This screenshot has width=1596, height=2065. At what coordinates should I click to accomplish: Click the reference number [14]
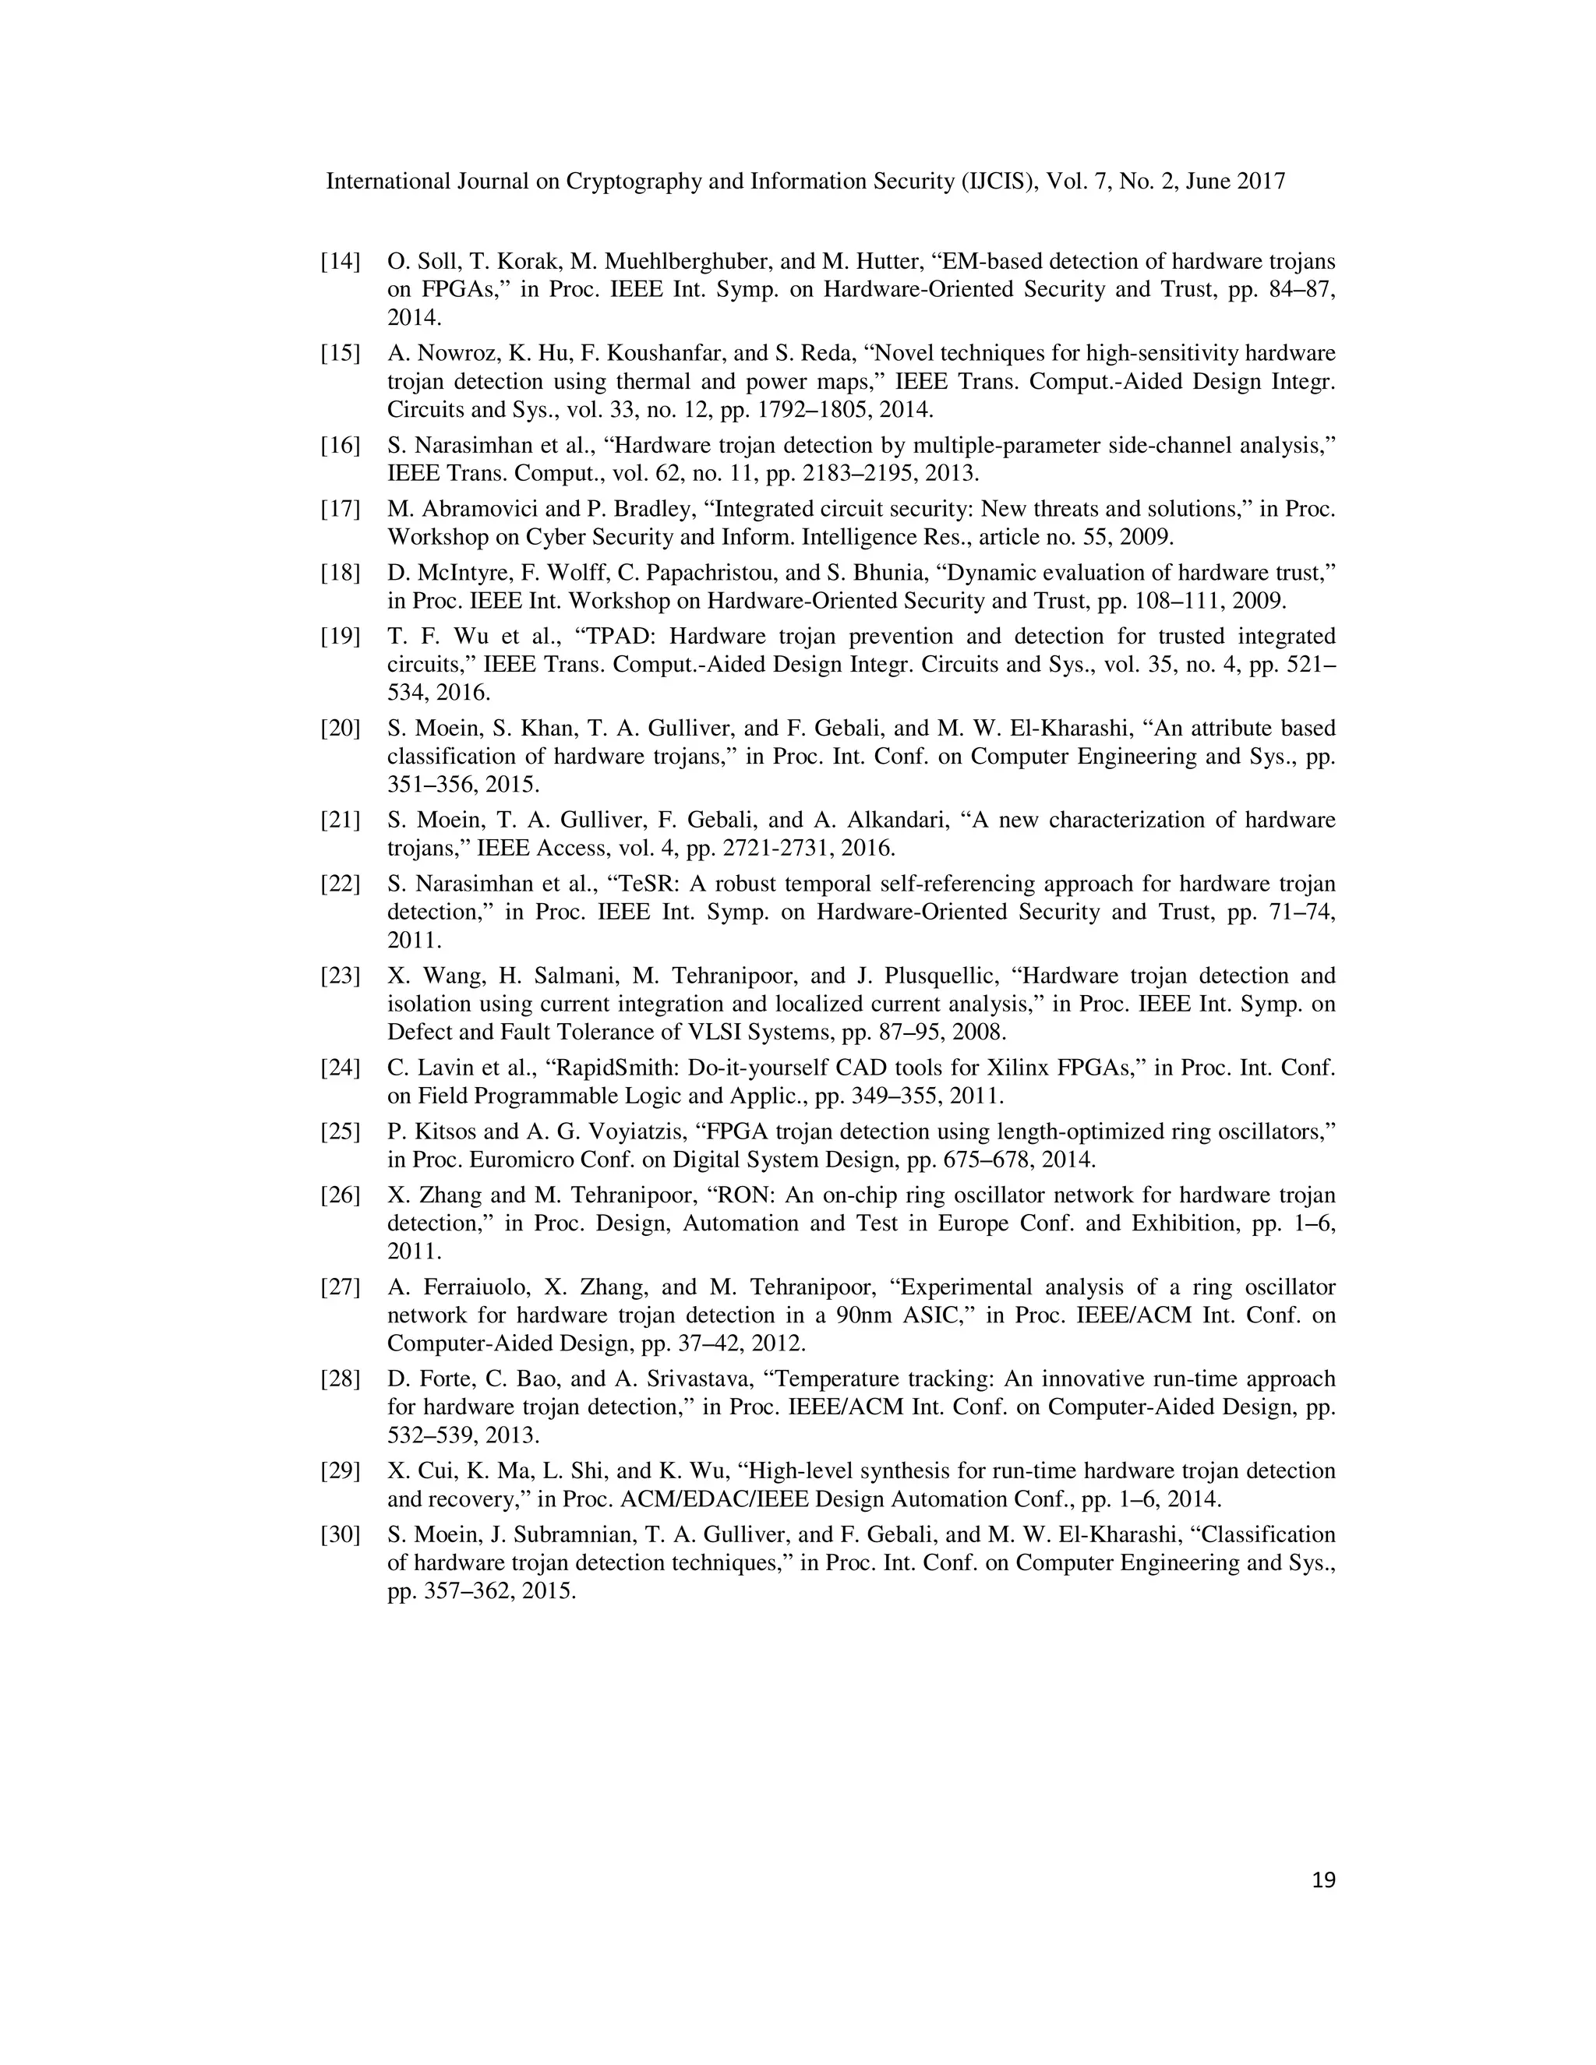(341, 262)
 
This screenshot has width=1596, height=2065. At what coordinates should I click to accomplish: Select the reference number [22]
(341, 884)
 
